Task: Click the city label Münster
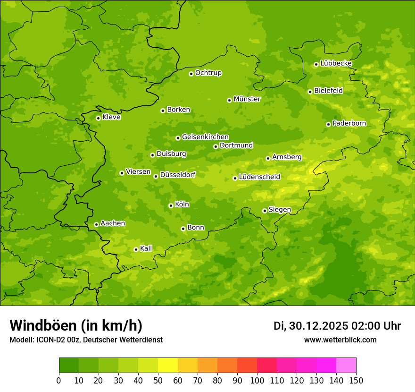[x=247, y=99]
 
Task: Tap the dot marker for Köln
[x=171, y=205]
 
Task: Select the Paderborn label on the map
[x=349, y=123]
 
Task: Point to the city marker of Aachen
[x=96, y=224]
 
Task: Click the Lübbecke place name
[x=336, y=63]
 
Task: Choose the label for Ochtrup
[x=208, y=73]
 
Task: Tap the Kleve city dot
[x=98, y=118]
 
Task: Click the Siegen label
[x=280, y=210]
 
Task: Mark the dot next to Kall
[x=136, y=249]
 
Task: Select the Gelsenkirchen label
[x=205, y=137]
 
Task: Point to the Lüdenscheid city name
[x=259, y=177]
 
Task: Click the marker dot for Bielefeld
[x=310, y=92]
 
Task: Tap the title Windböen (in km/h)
[x=76, y=325]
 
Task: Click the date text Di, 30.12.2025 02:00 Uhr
[x=337, y=326]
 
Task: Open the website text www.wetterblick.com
[x=340, y=340]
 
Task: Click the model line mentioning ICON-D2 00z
[x=86, y=340]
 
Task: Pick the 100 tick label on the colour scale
[x=257, y=381]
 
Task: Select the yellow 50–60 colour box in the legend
[x=168, y=366]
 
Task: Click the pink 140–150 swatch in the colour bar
[x=346, y=366]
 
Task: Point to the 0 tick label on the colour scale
[x=59, y=381]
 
